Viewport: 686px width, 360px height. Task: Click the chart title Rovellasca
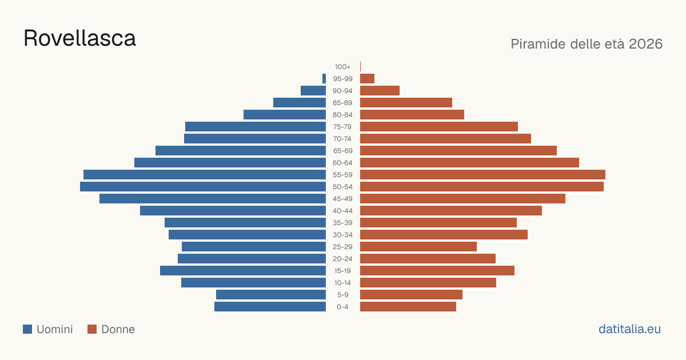pyautogui.click(x=79, y=38)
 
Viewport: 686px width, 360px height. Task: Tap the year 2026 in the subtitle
pyautogui.click(x=645, y=44)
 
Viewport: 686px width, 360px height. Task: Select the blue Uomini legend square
pyautogui.click(x=27, y=329)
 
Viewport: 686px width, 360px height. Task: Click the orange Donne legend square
pyautogui.click(x=92, y=329)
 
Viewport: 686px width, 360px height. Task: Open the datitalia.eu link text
pyautogui.click(x=629, y=329)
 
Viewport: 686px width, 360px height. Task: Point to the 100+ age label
pyautogui.click(x=342, y=67)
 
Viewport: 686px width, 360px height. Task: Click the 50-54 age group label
pyautogui.click(x=342, y=187)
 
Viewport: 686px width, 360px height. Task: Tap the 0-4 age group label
pyautogui.click(x=342, y=307)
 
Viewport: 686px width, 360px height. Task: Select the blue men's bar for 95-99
pyautogui.click(x=324, y=79)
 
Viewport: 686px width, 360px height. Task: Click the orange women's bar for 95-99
pyautogui.click(x=367, y=79)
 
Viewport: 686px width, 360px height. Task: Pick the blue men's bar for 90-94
pyautogui.click(x=313, y=91)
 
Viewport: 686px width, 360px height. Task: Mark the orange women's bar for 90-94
pyautogui.click(x=380, y=91)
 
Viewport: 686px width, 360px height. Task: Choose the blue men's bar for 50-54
pyautogui.click(x=203, y=187)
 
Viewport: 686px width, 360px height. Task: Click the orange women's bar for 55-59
pyautogui.click(x=482, y=175)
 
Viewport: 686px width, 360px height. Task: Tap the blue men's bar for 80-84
pyautogui.click(x=285, y=115)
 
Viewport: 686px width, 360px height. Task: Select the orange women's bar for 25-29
pyautogui.click(x=418, y=247)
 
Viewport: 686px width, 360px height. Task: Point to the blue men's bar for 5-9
pyautogui.click(x=271, y=295)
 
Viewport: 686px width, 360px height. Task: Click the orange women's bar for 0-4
pyautogui.click(x=408, y=307)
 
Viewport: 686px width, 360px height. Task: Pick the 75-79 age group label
pyautogui.click(x=342, y=127)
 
